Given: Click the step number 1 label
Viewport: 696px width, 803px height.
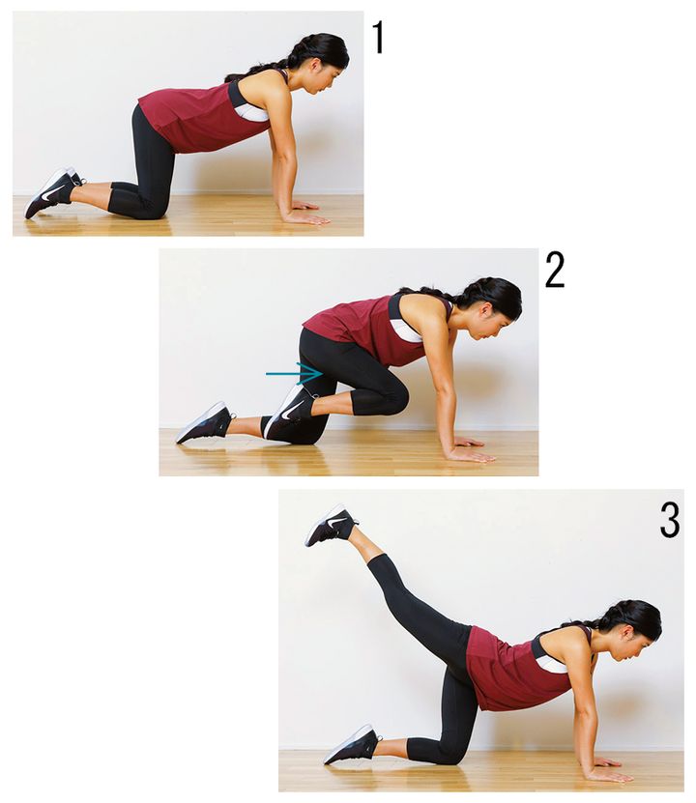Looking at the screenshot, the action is pos(378,38).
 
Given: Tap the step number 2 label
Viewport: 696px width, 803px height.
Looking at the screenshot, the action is pos(554,270).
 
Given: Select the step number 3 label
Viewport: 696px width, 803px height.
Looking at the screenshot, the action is pos(669,520).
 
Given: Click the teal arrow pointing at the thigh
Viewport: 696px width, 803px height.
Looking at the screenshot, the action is pos(294,373).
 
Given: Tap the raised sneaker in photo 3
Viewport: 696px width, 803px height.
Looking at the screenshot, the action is pos(331,525).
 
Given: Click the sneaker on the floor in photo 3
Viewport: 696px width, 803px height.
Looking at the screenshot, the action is pos(353,744).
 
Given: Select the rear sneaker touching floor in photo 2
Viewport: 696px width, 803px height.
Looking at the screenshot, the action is pos(204,422).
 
